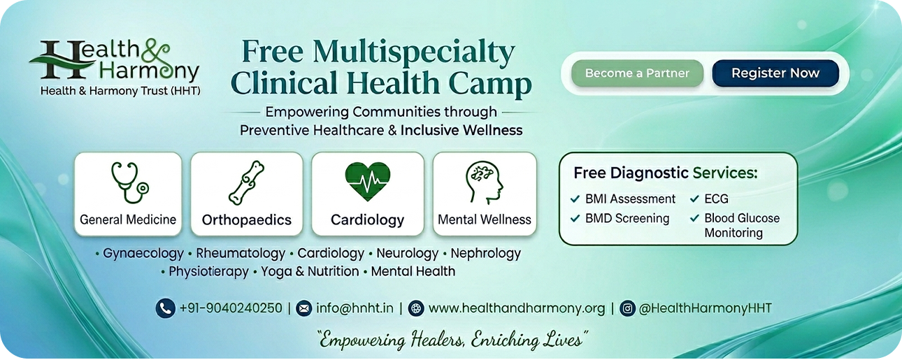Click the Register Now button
tap(775, 73)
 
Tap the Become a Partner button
tap(637, 73)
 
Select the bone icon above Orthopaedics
tap(246, 183)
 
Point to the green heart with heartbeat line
tap(368, 181)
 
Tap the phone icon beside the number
tap(165, 308)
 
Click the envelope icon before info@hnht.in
tap(304, 309)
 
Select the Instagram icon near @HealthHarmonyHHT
tap(627, 309)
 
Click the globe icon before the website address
tap(416, 309)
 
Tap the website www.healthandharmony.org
tap(517, 308)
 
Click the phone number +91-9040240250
tap(231, 308)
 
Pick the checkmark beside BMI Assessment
tap(575, 199)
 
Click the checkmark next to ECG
tap(694, 199)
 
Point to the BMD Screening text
tap(627, 218)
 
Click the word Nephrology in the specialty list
tap(486, 254)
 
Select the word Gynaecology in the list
tap(143, 254)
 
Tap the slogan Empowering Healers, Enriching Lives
tap(453, 340)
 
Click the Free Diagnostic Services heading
tap(665, 173)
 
